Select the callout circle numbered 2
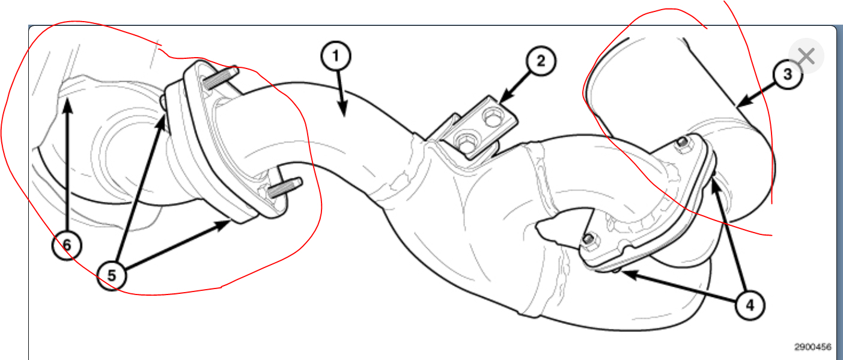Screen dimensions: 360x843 (x=540, y=63)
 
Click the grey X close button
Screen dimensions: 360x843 (x=806, y=57)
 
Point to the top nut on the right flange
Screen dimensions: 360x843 (x=682, y=142)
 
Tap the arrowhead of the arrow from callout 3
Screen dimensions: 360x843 (x=740, y=106)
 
